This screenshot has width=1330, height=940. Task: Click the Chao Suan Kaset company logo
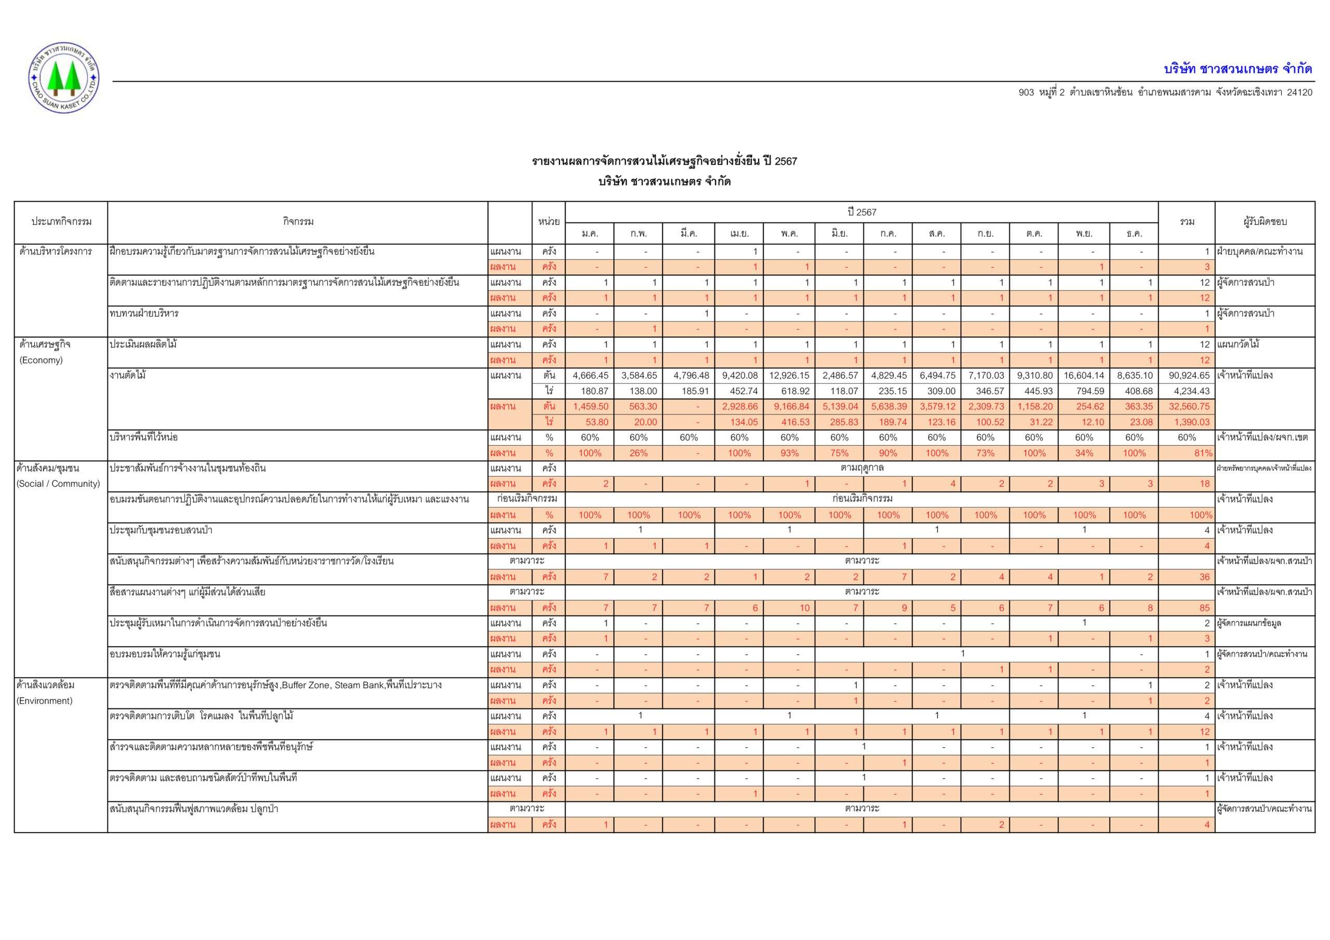pos(64,77)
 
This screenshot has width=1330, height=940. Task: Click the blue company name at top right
pos(1238,69)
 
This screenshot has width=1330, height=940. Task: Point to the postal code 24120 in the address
pos(1299,92)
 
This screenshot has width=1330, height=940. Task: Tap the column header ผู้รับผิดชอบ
pos(1265,222)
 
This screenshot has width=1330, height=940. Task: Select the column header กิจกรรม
pos(298,222)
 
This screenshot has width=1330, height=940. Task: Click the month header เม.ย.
pos(739,233)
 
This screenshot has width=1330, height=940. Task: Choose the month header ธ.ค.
pos(1134,233)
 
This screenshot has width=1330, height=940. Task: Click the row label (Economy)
pos(41,360)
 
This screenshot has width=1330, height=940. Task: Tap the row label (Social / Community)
pos(58,484)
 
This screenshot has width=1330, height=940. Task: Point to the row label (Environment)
pos(45,701)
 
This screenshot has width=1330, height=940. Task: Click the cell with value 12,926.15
pos(789,375)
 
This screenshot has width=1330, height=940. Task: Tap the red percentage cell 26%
pos(639,453)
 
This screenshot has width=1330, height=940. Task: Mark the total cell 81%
pos(1203,453)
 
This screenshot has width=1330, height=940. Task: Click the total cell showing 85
pos(1204,608)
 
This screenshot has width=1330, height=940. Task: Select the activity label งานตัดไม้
pos(127,375)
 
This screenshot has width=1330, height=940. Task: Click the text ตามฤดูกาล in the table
pos(861,468)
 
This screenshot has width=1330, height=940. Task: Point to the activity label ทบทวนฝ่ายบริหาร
pos(144,313)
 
